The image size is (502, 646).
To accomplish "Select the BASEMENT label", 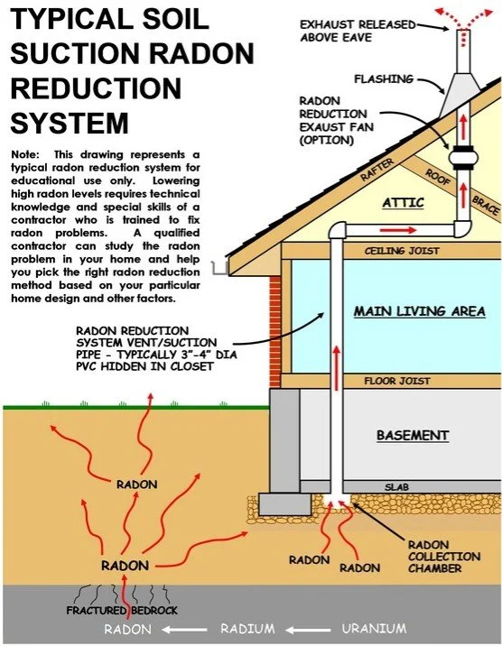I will [x=412, y=436].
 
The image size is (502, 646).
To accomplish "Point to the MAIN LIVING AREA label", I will [x=419, y=311].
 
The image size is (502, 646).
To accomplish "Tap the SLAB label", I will [x=397, y=486].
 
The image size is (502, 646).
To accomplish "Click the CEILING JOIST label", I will [x=395, y=250].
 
